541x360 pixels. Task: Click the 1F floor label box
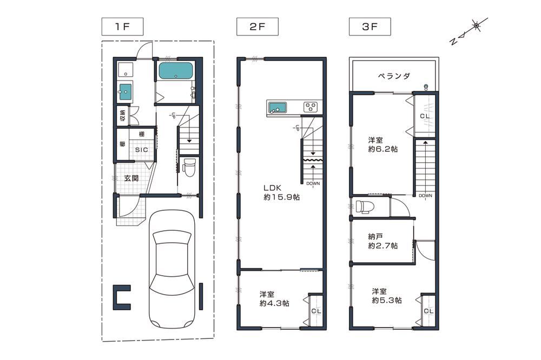pos(122,26)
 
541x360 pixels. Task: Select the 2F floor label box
pos(258,26)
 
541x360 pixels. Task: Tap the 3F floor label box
pos(370,26)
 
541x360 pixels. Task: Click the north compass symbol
pos(469,31)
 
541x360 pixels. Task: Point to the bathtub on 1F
pos(176,71)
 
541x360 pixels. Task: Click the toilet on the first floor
pos(189,167)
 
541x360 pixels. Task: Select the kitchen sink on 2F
pos(278,108)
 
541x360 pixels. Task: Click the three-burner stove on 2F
pos(311,106)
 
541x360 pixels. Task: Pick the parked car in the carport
pos(171,269)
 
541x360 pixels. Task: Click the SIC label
pos(141,150)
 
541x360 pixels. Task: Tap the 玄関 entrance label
pos(131,178)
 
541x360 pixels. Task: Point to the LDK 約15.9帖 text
pos(281,192)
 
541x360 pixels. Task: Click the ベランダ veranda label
pos(394,76)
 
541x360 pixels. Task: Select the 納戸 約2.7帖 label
pos(382,241)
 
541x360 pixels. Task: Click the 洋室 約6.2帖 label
pos(382,144)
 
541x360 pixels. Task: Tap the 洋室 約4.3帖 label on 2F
pos(274,299)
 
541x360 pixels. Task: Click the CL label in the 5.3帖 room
pos(428,311)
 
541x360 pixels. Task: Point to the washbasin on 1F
pos(126,92)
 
